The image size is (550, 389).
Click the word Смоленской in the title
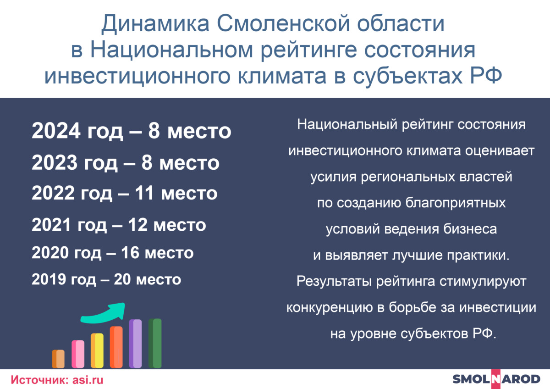tap(283, 23)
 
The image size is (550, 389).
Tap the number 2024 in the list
tap(56, 131)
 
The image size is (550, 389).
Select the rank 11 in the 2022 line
tap(144, 193)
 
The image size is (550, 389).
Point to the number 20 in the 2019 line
tap(122, 279)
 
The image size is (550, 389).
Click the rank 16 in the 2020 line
tap(130, 253)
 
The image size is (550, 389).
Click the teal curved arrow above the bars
tap(103, 313)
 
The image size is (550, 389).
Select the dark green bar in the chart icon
tap(155, 343)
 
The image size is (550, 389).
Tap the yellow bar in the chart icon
tap(97, 350)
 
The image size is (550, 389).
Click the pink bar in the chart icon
tap(78, 354)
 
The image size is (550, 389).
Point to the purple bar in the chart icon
tap(135, 344)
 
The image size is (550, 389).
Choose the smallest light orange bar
tap(59, 359)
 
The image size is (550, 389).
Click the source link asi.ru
tap(88, 380)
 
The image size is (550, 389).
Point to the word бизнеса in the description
tap(470, 229)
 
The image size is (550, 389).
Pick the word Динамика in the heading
tap(155, 24)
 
